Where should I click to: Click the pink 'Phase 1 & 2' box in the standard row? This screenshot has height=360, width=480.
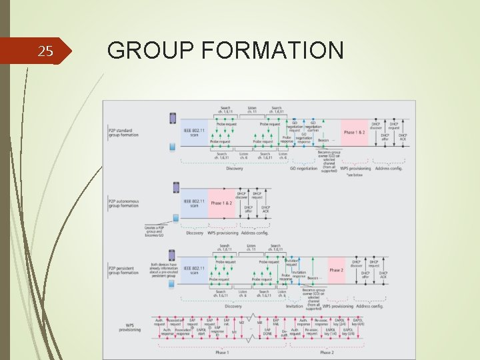click(354, 133)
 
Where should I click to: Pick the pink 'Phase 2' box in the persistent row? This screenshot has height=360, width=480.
click(337, 270)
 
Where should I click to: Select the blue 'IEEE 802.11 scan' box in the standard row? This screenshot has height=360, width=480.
click(193, 133)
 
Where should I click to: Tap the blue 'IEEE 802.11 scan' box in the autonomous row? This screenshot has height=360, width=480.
click(193, 203)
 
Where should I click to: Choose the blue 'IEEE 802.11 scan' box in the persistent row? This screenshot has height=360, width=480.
click(193, 270)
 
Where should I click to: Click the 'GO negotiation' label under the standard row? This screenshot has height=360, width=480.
click(303, 169)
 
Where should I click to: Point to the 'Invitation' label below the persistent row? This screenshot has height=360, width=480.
click(295, 306)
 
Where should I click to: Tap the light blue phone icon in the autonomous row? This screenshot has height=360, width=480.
click(175, 219)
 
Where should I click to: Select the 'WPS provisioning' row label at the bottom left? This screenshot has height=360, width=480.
click(130, 327)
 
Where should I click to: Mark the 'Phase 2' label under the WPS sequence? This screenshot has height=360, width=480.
click(327, 352)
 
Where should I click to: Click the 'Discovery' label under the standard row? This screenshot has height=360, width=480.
click(234, 169)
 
